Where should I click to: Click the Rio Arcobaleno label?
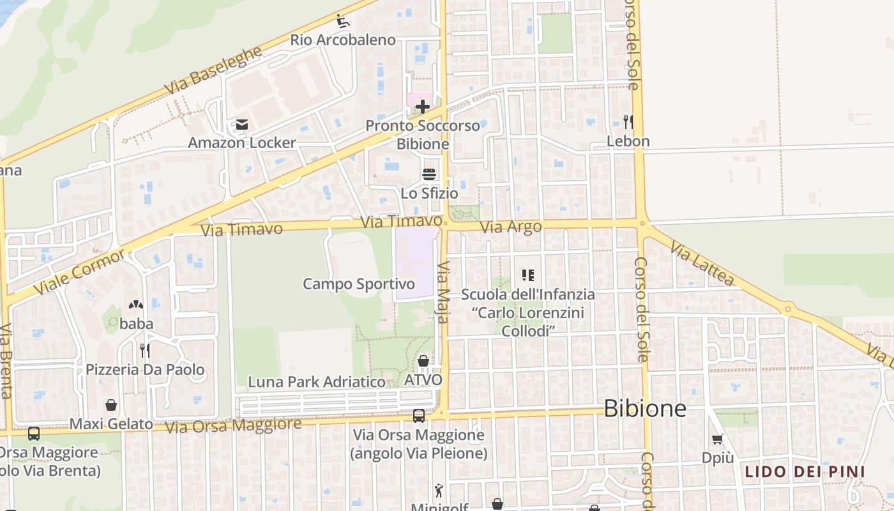(343, 40)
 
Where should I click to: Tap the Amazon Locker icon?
(242, 125)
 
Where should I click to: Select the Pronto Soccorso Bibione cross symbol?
(422, 107)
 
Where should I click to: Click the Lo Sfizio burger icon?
(429, 174)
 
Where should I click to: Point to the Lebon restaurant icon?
(628, 121)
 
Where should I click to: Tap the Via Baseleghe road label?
(213, 70)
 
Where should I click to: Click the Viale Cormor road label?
(80, 272)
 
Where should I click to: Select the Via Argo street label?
(511, 227)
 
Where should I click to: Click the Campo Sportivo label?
(359, 284)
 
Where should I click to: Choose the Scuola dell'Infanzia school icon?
(527, 275)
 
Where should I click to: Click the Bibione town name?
(645, 408)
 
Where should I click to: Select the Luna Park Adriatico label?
(317, 382)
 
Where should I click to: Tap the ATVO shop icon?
(423, 362)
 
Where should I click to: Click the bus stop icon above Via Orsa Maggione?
(418, 416)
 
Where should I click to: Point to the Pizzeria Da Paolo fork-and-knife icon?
(145, 350)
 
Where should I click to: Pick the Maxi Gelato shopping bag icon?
(111, 405)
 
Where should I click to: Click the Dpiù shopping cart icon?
(717, 439)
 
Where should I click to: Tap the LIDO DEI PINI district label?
(805, 472)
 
